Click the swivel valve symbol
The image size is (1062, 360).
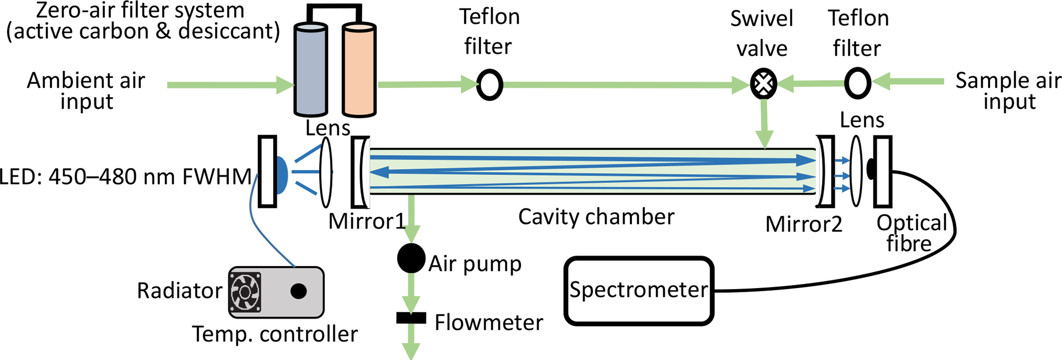pos(763,84)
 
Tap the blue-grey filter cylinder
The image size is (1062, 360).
pos(310,69)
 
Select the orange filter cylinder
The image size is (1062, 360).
pos(359,69)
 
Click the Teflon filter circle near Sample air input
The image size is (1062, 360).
pos(857,83)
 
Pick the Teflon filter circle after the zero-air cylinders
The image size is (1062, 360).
pos(489,85)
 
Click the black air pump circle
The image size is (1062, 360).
pos(411,258)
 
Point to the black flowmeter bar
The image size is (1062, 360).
pos(411,318)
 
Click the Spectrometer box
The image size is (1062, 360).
pos(639,291)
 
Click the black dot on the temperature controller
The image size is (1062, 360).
pos(299,291)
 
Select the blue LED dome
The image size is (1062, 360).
pos(282,175)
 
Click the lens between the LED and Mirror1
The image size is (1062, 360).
pos(326,172)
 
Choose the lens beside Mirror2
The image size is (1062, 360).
pos(856,171)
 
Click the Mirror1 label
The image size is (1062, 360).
pos(366,221)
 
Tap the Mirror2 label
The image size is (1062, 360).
pos(804,224)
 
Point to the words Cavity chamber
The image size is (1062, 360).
pos(596,217)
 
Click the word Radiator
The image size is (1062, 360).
pos(179,291)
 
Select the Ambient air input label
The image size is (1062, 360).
pos(86,91)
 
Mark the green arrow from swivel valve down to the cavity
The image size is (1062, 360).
pos(765,124)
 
